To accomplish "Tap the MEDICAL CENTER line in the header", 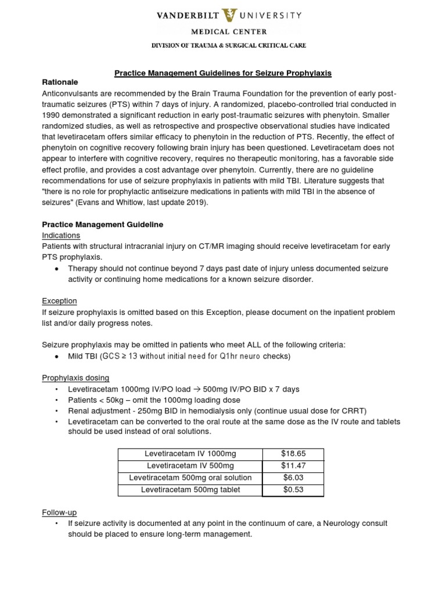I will coord(222,33).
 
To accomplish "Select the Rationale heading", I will coord(60,83).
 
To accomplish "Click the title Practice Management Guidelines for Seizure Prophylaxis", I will coord(222,73).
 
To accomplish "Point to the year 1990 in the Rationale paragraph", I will coord(52,116).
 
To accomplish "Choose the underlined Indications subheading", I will coord(61,235).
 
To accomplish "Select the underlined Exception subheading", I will coord(59,301).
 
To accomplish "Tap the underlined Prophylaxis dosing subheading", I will coord(75,378).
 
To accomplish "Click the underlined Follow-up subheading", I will coord(59,512).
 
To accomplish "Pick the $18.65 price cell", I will coord(293,454).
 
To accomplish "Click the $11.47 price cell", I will coord(293,465).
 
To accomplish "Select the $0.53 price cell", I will coord(293,490).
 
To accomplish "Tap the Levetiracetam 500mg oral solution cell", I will coord(190,478).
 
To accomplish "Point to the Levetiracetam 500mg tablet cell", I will coord(190,490).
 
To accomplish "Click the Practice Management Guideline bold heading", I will coord(103,224).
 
